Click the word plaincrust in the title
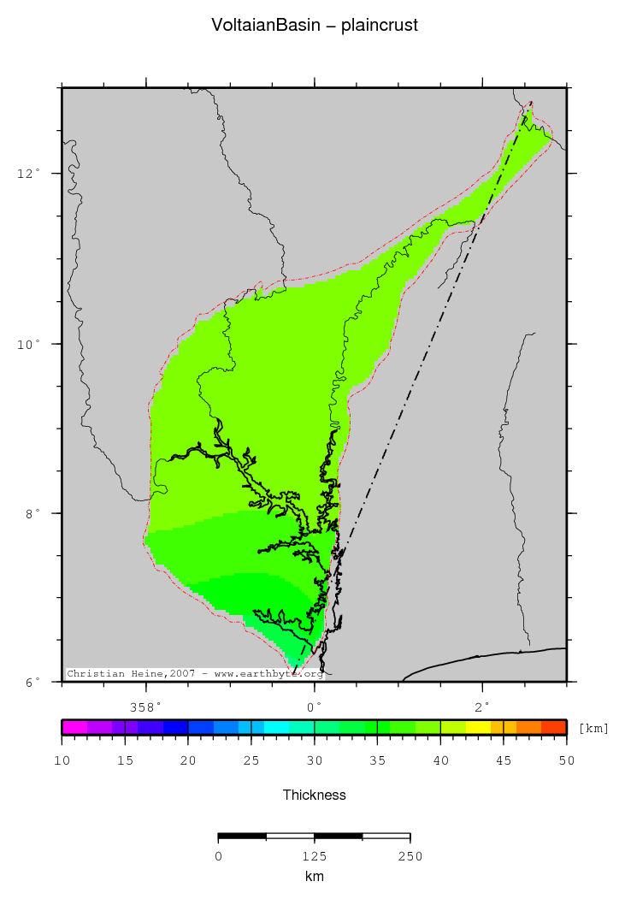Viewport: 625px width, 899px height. coord(380,26)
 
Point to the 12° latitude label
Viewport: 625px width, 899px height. coord(30,174)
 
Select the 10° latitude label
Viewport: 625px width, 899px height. coord(30,344)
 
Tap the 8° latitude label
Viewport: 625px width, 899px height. coord(33,513)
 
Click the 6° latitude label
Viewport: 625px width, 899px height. coord(33,682)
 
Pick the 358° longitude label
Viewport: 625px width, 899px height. coord(145,707)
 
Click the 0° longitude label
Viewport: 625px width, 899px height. coord(315,707)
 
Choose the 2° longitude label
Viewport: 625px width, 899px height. coord(483,707)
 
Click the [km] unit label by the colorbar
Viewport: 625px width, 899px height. coord(593,728)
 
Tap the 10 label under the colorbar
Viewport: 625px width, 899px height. coord(62,760)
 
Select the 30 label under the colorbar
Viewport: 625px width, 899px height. coord(315,760)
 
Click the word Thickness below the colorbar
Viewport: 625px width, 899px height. coord(315,795)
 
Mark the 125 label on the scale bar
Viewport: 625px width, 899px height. coord(314,856)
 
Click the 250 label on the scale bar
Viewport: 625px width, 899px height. coord(410,856)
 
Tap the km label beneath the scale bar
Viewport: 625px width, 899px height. coord(314,877)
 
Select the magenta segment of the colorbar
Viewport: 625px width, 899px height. coord(74,728)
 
